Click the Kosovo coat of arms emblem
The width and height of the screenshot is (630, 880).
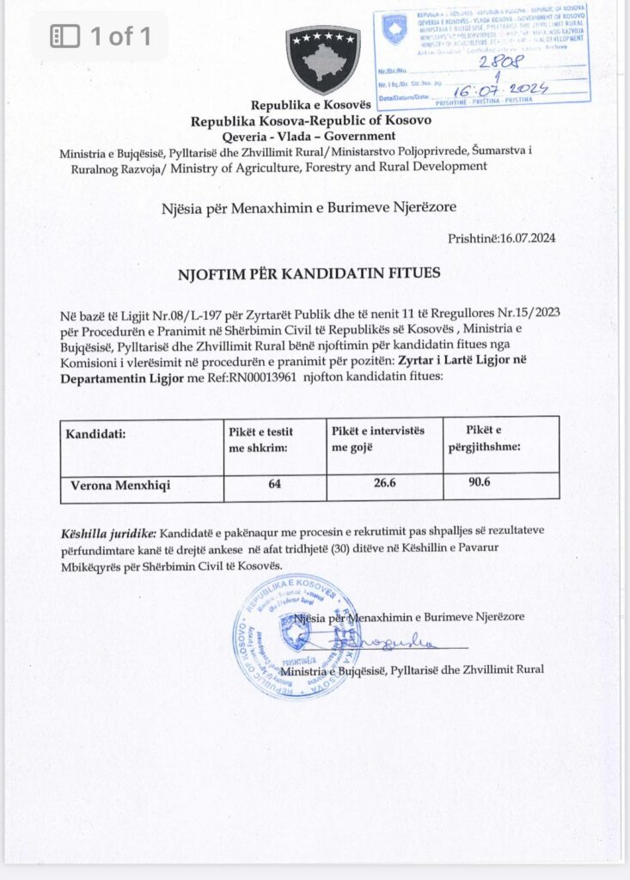pyautogui.click(x=323, y=59)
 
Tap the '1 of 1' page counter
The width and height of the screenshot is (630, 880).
pyautogui.click(x=101, y=36)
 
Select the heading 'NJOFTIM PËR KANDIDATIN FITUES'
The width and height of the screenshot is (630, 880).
pyautogui.click(x=309, y=273)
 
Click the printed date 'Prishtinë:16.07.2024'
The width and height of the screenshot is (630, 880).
pyautogui.click(x=501, y=238)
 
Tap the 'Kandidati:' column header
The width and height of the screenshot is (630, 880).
pyautogui.click(x=95, y=434)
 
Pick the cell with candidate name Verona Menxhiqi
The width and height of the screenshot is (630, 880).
pyautogui.click(x=120, y=486)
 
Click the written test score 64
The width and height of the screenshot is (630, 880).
pyautogui.click(x=274, y=485)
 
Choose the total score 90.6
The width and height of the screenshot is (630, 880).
pyautogui.click(x=479, y=483)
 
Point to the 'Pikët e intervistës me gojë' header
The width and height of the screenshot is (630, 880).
pyautogui.click(x=378, y=438)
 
